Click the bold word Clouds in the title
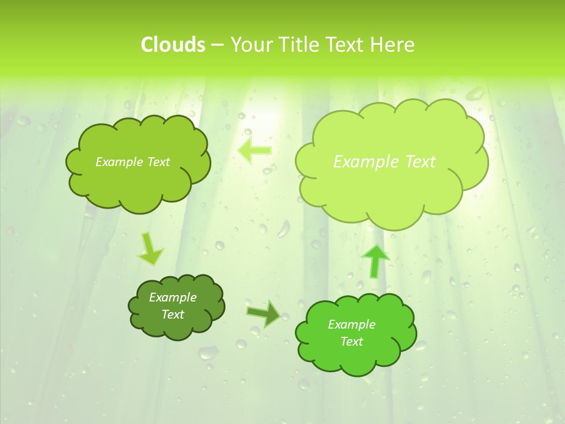click(x=172, y=45)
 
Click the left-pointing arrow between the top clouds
click(x=254, y=151)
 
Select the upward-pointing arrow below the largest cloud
click(x=375, y=260)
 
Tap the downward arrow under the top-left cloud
click(x=150, y=249)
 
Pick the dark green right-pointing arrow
click(x=264, y=314)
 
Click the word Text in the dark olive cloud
click(x=173, y=314)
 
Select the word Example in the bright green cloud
click(x=351, y=324)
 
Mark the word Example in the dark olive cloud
click(x=173, y=298)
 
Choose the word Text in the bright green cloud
click(x=351, y=342)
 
